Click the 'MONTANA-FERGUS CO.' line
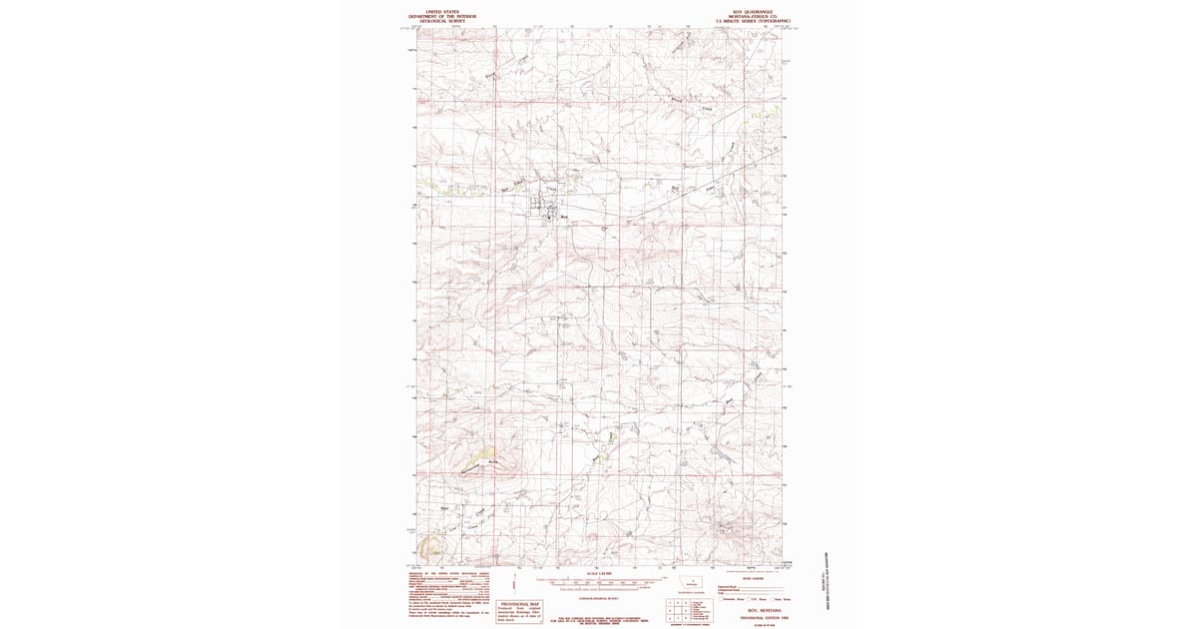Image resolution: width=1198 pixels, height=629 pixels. [752, 18]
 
